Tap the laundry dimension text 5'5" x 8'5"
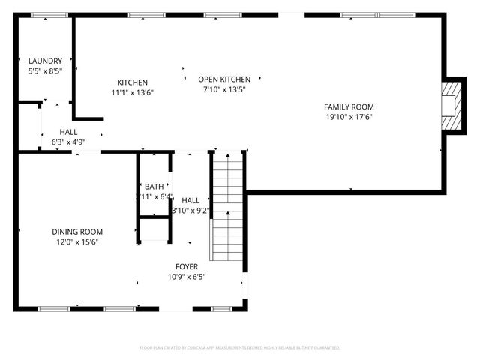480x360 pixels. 45,71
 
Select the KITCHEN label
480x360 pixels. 132,82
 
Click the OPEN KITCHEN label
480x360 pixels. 224,79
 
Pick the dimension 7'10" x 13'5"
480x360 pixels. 224,89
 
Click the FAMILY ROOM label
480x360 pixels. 349,106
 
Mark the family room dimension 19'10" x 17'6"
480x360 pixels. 349,117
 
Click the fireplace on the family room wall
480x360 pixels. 448,104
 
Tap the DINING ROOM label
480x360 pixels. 77,232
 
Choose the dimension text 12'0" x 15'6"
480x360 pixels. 77,242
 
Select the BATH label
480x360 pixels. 154,187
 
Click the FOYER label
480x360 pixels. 187,266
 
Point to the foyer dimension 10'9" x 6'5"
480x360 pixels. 187,277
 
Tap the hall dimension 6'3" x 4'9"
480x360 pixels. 69,142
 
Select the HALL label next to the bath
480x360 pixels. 190,200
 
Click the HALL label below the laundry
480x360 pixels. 69,132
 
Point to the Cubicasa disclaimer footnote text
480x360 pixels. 240,348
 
